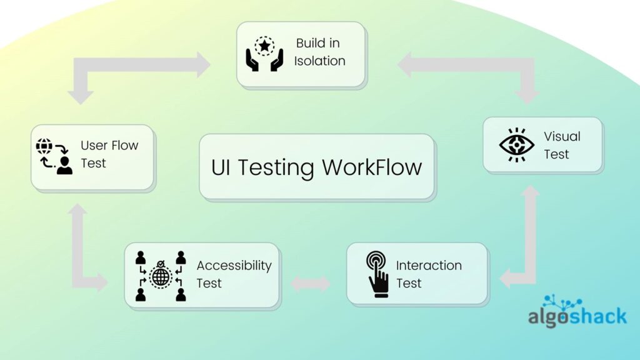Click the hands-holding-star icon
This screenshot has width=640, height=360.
(264, 54)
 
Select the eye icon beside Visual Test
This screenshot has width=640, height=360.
(516, 145)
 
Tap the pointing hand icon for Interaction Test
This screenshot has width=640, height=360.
(377, 274)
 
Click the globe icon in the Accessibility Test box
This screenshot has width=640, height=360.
(161, 276)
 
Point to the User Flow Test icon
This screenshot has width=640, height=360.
(54, 156)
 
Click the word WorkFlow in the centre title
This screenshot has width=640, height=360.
(372, 167)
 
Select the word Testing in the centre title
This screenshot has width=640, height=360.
(276, 168)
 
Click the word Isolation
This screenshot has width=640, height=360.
(319, 61)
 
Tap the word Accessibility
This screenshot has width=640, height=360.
(234, 266)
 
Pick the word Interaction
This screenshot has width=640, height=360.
(429, 266)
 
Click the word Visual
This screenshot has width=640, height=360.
(562, 136)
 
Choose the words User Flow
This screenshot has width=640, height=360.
(109, 145)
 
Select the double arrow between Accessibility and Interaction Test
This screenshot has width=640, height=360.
(310, 284)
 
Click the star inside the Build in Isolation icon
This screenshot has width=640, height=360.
(264, 45)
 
